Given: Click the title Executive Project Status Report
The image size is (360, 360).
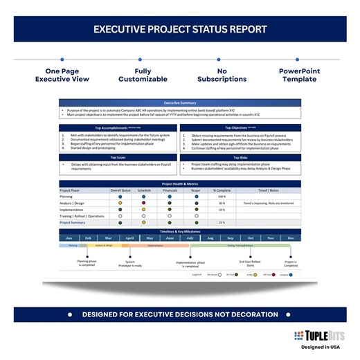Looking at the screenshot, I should [x=179, y=30].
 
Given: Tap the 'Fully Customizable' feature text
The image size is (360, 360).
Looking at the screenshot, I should [x=143, y=75].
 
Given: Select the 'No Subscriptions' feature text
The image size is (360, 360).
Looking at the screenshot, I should [x=222, y=75].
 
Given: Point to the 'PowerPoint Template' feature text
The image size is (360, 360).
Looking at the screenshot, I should [x=299, y=75].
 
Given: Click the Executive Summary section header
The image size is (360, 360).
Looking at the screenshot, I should [x=180, y=102].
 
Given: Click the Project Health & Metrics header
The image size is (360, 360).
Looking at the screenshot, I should [x=180, y=183].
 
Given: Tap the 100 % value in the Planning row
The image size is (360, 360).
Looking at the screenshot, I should [x=222, y=197].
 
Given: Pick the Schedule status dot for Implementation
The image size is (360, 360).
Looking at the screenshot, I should [x=144, y=209].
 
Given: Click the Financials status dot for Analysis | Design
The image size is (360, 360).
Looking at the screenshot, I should [x=170, y=203].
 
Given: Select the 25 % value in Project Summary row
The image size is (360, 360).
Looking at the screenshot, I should [x=222, y=222].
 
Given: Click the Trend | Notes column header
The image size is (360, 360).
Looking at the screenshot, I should [x=269, y=190].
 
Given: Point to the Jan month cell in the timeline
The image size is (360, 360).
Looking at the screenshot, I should [x=69, y=238].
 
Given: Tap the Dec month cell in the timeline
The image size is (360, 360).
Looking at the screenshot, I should [x=290, y=238].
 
